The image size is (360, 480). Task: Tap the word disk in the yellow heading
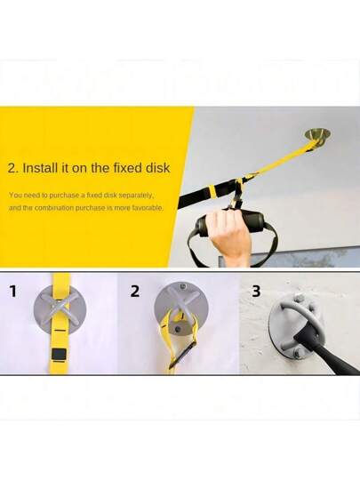(x=157, y=168)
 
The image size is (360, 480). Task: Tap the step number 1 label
(x=12, y=292)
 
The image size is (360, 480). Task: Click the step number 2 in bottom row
(x=135, y=292)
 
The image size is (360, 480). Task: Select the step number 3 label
(x=256, y=292)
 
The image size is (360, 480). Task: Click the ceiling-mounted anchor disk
(x=318, y=135)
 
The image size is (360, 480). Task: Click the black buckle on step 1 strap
(x=59, y=354)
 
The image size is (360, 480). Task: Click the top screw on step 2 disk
(x=184, y=287)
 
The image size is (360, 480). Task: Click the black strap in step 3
(x=324, y=349)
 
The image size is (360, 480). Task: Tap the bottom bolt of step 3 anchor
(x=297, y=355)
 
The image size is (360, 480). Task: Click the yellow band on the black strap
(x=212, y=190)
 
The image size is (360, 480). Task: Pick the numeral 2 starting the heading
(x=12, y=168)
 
